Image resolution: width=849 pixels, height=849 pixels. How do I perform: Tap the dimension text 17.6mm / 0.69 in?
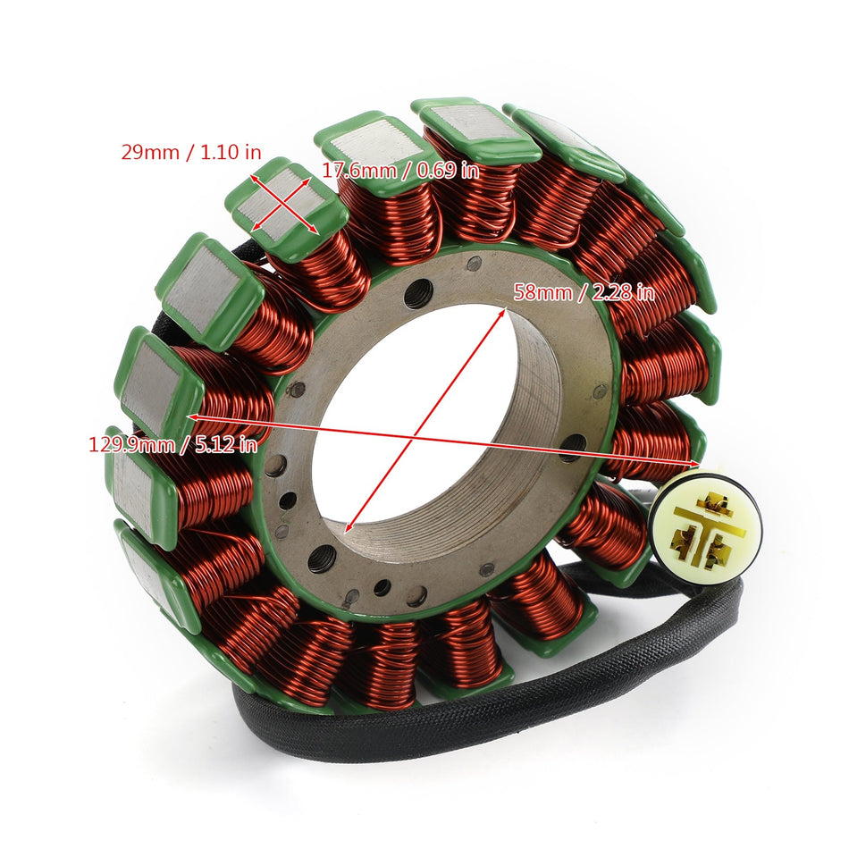click(400, 170)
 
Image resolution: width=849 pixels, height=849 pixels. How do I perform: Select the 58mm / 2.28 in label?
click(583, 292)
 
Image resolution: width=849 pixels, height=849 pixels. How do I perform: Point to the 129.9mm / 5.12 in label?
click(172, 444)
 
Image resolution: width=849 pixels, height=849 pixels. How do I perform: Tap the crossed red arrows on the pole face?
click(284, 204)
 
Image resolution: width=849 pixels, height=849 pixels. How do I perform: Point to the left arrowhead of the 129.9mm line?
click(190, 416)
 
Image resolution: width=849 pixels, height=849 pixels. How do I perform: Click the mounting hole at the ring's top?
click(419, 292)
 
